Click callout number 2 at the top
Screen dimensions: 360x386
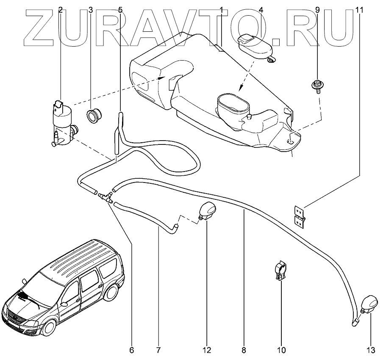coord(61,9)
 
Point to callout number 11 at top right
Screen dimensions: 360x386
coord(360,9)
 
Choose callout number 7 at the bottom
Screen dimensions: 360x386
coord(158,350)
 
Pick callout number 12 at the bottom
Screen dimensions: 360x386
coord(207,350)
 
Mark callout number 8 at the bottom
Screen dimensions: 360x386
coord(244,350)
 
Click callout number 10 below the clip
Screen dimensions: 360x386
coord(282,350)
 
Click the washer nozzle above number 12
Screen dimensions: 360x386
coord(207,211)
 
